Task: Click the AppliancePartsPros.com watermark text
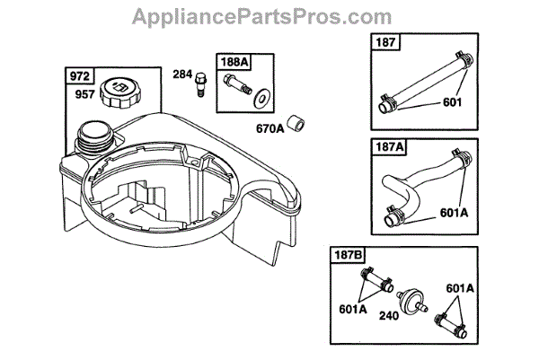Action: (269, 17)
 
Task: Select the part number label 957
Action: (84, 92)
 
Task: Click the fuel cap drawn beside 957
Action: (120, 91)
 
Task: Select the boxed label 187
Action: (385, 42)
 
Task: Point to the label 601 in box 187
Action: (454, 102)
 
